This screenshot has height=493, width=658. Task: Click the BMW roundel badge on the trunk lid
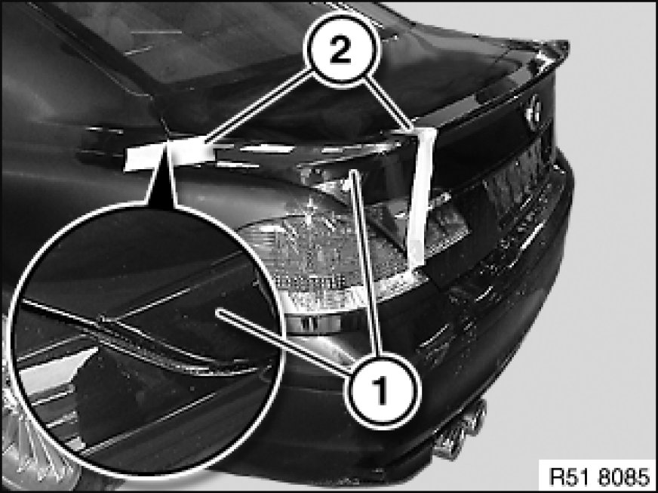533,110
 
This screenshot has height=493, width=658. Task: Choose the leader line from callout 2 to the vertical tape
388,103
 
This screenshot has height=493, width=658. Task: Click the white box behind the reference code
598,476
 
